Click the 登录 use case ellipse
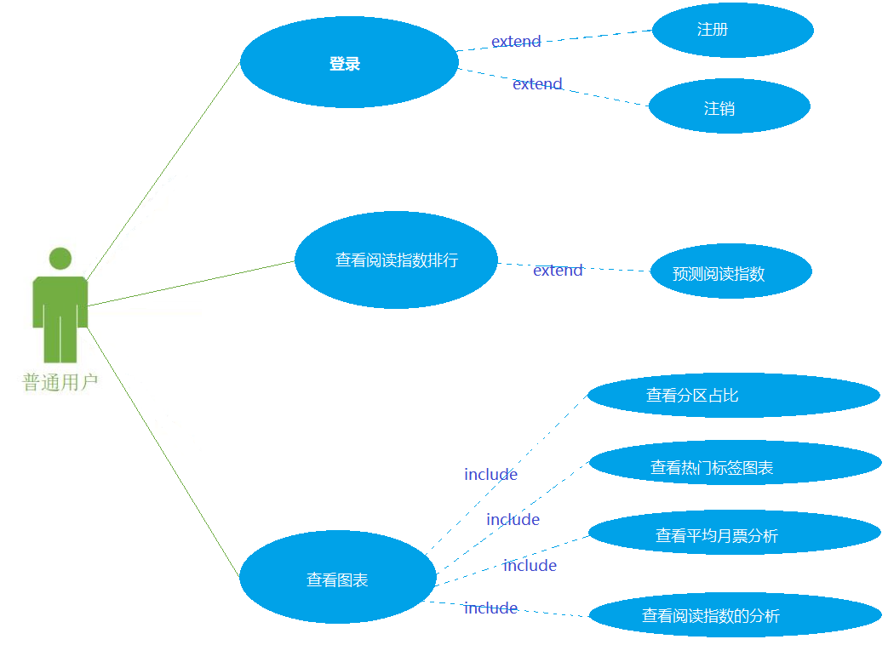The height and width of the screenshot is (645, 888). [349, 63]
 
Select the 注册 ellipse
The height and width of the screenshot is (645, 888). [732, 30]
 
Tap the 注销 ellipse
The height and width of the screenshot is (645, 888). [729, 107]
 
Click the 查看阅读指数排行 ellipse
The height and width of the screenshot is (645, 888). [396, 260]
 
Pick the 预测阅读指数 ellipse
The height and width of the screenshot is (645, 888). [730, 272]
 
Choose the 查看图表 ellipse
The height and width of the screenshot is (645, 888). [338, 578]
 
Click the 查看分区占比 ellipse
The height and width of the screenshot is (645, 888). [733, 395]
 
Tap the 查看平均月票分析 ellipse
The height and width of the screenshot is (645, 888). [734, 534]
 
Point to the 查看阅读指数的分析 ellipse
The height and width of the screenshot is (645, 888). [735, 615]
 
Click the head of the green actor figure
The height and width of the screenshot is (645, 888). [60, 259]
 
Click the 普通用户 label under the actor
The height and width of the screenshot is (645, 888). [60, 383]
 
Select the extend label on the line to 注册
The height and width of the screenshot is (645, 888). [516, 42]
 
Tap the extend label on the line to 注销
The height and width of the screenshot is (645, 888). [537, 84]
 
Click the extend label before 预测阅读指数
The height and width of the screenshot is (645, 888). [558, 271]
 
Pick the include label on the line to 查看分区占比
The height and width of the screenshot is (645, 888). [490, 475]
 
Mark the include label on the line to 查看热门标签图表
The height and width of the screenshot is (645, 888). [513, 520]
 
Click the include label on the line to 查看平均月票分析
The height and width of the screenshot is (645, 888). [530, 566]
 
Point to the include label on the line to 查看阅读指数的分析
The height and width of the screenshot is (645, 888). [490, 608]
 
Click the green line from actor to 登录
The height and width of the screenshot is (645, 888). [162, 170]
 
